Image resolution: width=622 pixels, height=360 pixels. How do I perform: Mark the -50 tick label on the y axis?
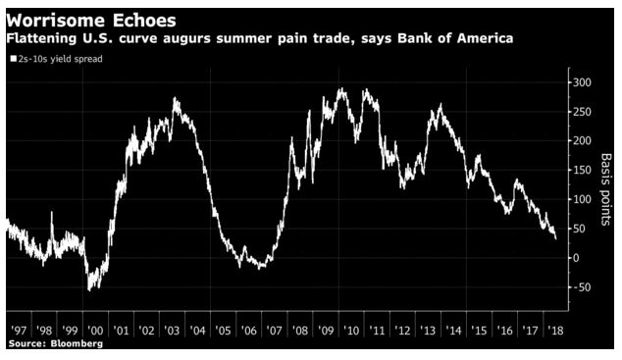[581, 287]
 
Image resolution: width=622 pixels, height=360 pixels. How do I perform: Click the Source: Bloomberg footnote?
[55, 345]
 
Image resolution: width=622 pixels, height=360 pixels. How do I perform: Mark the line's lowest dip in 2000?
[91, 288]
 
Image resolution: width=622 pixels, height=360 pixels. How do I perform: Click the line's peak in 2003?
[175, 99]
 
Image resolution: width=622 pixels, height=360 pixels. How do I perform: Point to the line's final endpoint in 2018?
[556, 237]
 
